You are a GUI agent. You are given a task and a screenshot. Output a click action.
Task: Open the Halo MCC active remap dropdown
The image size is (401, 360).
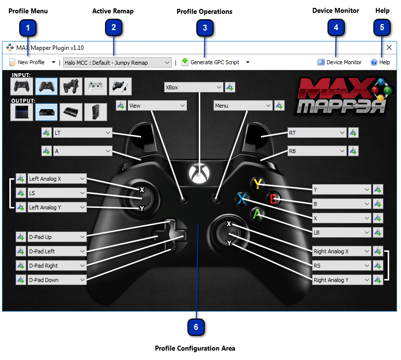tap(117, 63)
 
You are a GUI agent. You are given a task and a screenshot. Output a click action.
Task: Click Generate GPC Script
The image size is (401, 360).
tap(211, 62)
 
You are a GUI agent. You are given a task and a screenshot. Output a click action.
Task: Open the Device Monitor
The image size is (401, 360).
tap(339, 62)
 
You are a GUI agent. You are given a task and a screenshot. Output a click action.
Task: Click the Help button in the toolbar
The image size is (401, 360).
tap(380, 62)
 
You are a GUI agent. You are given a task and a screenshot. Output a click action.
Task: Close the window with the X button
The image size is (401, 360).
tap(389, 47)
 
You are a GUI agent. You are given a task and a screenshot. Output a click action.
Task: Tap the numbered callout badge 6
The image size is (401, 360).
tap(196, 327)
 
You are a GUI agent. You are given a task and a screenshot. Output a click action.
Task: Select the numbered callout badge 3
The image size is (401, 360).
tap(205, 28)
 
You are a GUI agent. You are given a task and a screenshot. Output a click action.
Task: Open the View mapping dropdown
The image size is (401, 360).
tap(157, 106)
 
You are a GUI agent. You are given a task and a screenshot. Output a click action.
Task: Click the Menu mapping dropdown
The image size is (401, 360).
tap(243, 106)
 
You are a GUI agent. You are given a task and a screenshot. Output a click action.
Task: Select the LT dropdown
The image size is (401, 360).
tap(82, 133)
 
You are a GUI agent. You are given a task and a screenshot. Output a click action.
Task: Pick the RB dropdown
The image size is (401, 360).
tap(317, 151)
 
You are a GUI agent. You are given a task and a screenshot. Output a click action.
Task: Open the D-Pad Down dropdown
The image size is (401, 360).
tap(57, 280)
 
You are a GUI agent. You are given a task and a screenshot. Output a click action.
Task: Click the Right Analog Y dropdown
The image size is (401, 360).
tap(341, 280)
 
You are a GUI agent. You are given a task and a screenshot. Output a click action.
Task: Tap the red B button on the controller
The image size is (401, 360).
tap(273, 199)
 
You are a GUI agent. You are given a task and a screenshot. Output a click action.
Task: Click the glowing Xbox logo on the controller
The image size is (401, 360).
tap(199, 173)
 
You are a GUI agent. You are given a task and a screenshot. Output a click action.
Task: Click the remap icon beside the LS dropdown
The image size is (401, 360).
tap(21, 193)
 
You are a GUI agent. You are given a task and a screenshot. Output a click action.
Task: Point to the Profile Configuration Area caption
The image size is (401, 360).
tap(195, 348)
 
